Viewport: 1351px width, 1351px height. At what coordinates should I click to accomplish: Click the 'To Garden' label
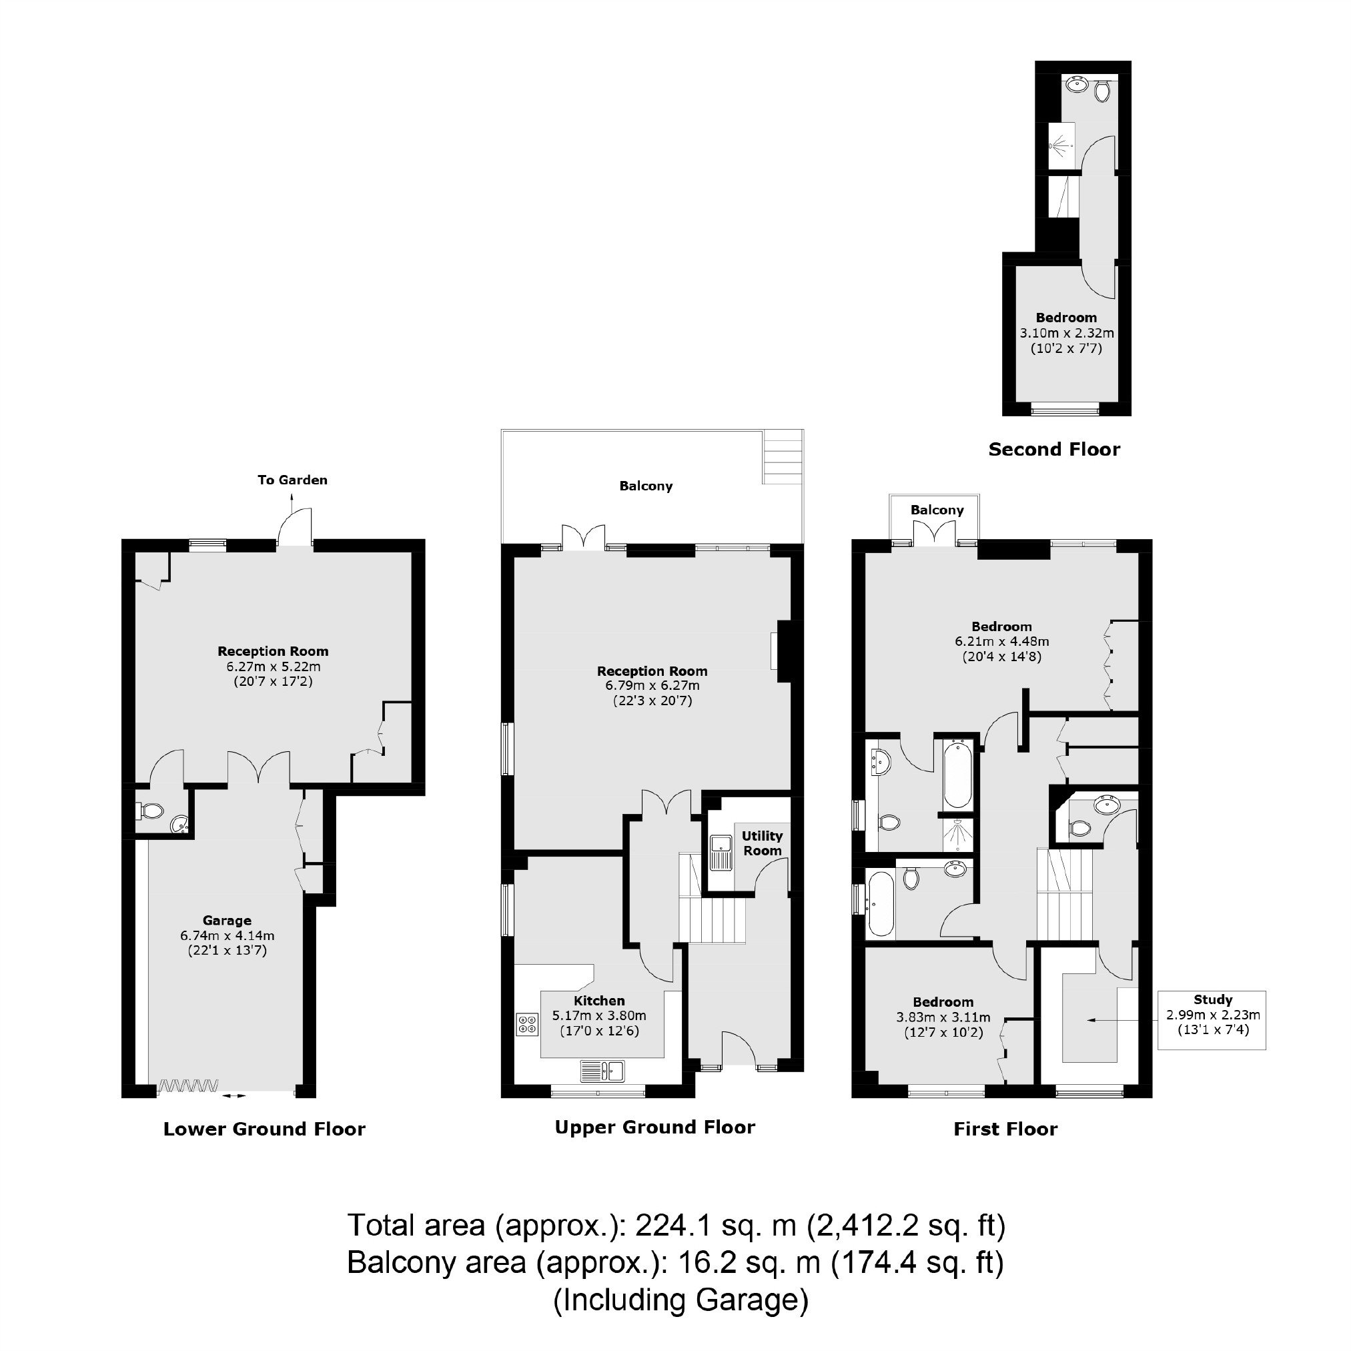292,480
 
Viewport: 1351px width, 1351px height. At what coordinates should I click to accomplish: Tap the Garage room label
228,920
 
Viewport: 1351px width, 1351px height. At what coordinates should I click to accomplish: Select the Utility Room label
762,843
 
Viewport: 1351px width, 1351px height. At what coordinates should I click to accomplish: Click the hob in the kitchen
527,1025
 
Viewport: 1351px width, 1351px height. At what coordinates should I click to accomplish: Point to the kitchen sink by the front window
602,1071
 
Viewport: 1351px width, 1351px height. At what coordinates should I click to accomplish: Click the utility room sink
721,853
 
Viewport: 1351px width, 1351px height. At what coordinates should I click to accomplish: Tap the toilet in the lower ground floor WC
149,811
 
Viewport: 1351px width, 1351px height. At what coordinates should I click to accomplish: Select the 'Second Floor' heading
1054,450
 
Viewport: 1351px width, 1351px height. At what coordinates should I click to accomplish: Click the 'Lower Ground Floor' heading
264,1130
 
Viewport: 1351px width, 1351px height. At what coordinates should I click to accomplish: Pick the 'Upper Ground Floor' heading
655,1128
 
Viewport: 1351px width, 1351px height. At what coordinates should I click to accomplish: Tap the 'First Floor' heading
1005,1130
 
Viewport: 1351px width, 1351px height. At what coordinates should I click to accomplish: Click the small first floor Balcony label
937,510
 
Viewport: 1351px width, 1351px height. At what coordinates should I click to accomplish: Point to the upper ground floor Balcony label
646,486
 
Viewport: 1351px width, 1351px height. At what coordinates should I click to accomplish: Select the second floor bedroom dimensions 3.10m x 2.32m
1066,333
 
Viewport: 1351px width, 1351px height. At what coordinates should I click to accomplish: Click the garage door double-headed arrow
234,1095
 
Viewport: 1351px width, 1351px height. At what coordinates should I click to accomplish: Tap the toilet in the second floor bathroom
1103,90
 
